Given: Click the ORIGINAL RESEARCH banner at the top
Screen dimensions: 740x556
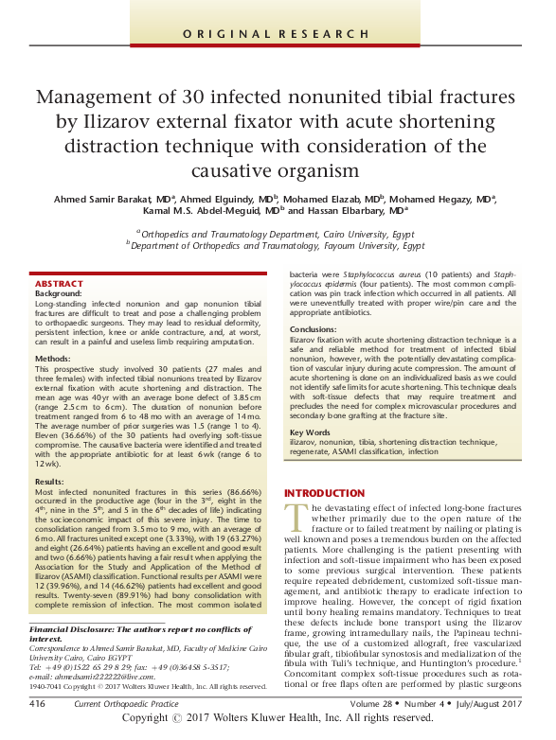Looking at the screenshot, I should [278, 34].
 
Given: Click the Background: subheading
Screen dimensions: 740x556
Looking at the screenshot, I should [59, 294].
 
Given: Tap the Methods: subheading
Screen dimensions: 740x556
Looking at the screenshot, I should [53, 360].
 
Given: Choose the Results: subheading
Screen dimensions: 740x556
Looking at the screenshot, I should [49, 481].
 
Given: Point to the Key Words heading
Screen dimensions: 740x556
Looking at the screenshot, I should [312, 432].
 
